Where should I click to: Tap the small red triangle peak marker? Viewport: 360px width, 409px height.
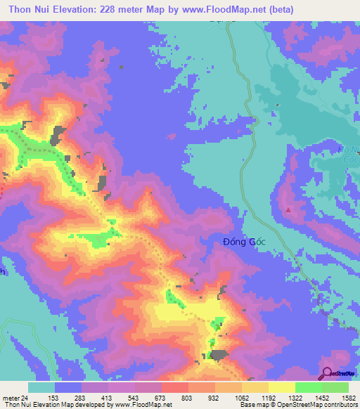288,210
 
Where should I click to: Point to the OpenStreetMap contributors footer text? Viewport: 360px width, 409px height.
320,405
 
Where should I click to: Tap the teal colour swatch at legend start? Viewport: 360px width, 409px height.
41,387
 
